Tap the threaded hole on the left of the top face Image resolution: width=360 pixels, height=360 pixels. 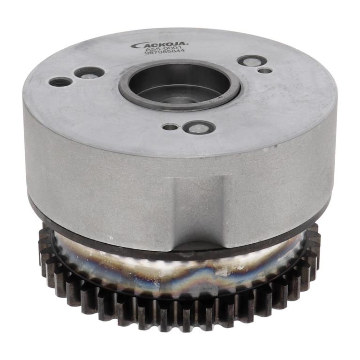coord(60,82)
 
